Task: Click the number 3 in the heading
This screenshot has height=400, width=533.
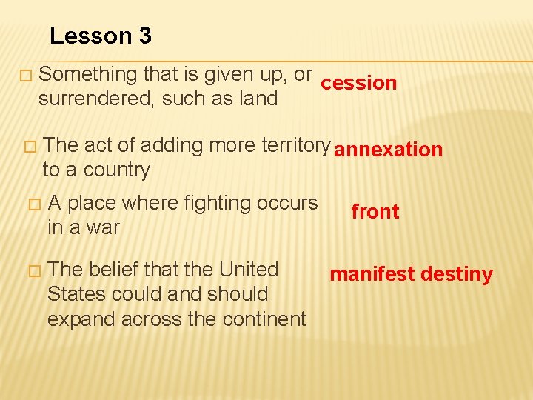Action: [x=144, y=36]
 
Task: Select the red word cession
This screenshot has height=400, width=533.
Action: [x=359, y=83]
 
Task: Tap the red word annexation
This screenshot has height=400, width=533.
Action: [x=388, y=150]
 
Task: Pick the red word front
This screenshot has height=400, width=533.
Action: [x=375, y=212]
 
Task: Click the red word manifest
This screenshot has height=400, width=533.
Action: [x=372, y=275]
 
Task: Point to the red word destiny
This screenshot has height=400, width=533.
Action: [x=457, y=275]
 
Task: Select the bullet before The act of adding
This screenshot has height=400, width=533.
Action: [x=30, y=147]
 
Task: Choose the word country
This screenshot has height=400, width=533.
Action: [x=117, y=170]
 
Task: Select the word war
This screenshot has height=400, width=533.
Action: [x=102, y=227]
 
